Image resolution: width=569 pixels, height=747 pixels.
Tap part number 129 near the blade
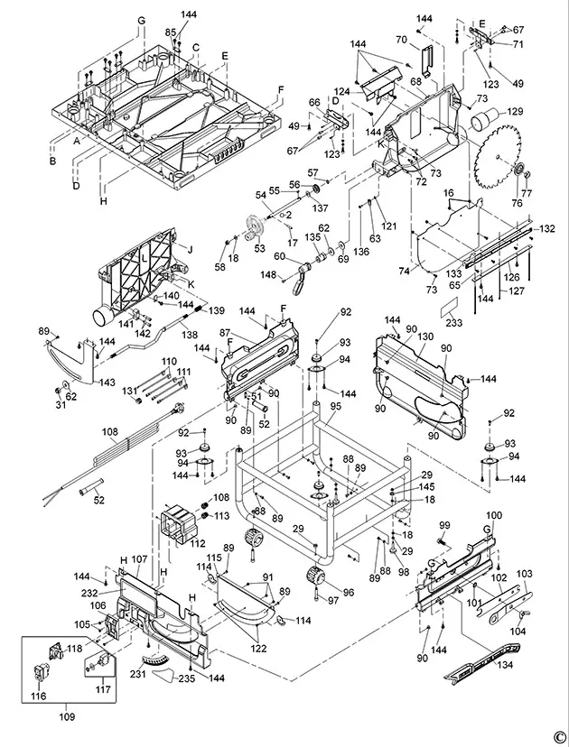(x=515, y=112)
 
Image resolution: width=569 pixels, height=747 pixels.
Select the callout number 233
(x=454, y=322)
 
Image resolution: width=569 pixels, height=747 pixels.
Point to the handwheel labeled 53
(x=257, y=227)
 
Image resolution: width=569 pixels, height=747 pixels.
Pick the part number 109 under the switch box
(x=67, y=716)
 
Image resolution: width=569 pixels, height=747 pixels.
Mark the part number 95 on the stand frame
(x=336, y=406)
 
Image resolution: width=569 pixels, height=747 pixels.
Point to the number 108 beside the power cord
(x=110, y=432)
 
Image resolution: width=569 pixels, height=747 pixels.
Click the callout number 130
(x=425, y=337)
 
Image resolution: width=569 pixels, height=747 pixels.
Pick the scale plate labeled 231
(x=155, y=660)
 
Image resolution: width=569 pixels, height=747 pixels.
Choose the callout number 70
(x=401, y=40)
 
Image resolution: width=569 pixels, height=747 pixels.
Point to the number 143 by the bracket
(x=107, y=383)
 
